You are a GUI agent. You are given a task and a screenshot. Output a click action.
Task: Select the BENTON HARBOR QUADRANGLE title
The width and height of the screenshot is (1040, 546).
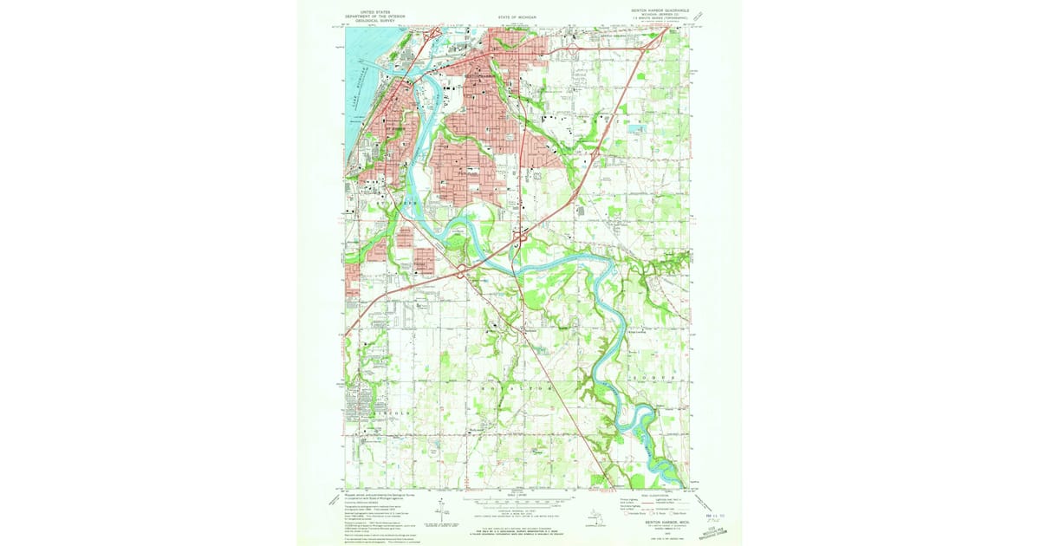coord(659,12)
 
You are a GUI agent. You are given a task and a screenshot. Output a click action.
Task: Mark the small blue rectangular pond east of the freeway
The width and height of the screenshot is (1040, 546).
coord(639,128)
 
